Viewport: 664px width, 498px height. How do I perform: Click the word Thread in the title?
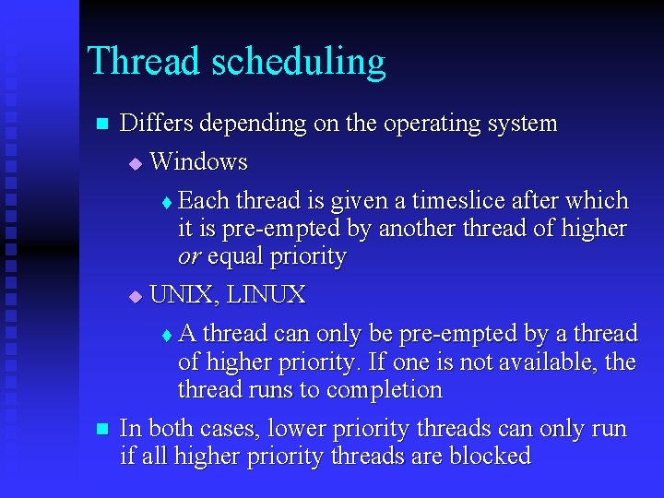(143, 61)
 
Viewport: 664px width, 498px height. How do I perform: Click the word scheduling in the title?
(298, 63)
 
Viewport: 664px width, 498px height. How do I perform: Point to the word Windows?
(198, 162)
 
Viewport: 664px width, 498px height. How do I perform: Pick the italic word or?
(190, 257)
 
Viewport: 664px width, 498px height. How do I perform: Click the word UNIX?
(182, 295)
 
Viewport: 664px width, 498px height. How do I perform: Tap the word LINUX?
(267, 295)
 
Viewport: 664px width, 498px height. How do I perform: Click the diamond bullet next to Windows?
(136, 163)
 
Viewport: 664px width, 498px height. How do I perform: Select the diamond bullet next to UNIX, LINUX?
(136, 296)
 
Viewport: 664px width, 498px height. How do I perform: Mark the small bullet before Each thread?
(166, 202)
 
